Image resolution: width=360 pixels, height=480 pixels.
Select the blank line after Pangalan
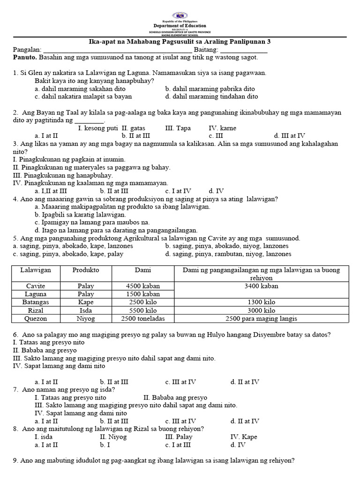(117, 50)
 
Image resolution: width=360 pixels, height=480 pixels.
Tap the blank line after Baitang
(244, 50)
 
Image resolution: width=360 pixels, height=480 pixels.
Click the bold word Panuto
(24, 57)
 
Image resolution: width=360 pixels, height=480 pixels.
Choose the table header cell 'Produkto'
(86, 270)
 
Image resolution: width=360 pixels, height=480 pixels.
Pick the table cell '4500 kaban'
(143, 285)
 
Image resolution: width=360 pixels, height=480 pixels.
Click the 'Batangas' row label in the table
(36, 302)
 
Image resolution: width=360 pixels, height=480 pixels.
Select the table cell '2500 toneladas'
(143, 319)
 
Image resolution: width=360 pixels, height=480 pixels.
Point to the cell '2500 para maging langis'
(262, 319)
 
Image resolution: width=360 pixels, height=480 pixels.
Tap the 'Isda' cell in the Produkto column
(86, 310)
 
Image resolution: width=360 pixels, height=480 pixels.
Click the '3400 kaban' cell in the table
(262, 285)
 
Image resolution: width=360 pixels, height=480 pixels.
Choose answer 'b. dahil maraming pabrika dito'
(210, 89)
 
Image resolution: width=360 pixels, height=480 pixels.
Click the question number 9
(15, 461)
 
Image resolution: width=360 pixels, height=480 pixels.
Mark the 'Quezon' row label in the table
(36, 319)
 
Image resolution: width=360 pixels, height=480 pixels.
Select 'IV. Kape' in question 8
(244, 437)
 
